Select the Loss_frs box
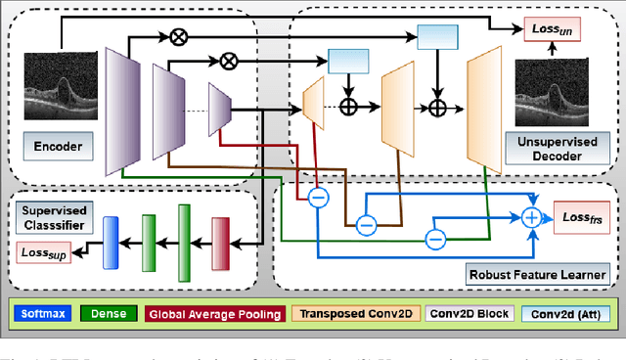(582, 215)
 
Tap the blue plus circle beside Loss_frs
(533, 216)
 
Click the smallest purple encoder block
(219, 102)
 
